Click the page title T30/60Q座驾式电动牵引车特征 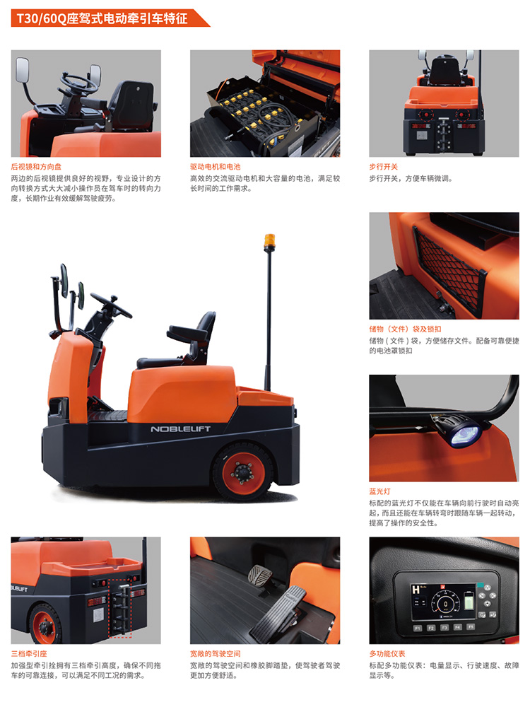coord(101,18)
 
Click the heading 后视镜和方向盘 coord(36,167)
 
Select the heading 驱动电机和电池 coord(215,167)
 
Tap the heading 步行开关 coord(383,167)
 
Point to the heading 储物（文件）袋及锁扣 coord(405,329)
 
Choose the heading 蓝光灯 coord(380,491)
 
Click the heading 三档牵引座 coord(29,654)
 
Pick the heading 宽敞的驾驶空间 coord(215,654)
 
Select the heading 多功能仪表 coord(387,654)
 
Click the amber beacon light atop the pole coord(269,240)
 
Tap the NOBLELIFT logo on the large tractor coord(180,429)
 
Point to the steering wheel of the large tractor coord(111,305)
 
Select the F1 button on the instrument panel coord(418,628)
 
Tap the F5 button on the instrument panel coord(471,626)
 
